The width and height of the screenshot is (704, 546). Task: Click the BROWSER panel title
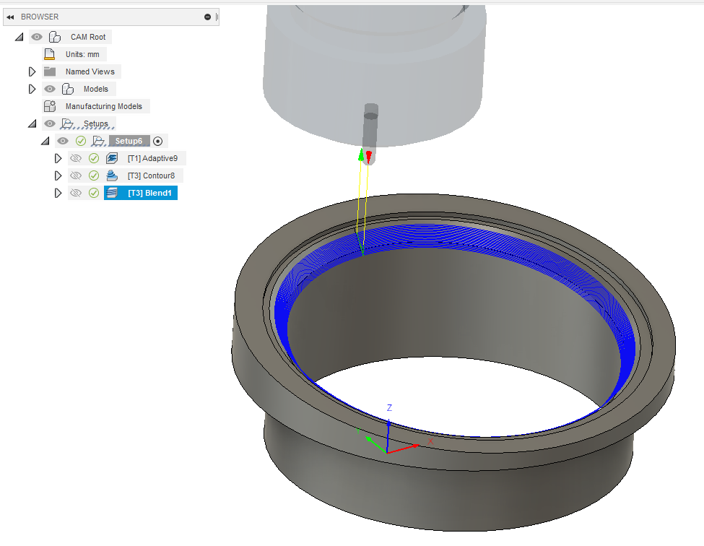point(40,17)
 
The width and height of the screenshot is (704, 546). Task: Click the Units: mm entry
point(82,54)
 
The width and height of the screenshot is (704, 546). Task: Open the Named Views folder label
point(88,71)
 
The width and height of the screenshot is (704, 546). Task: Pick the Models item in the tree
point(95,89)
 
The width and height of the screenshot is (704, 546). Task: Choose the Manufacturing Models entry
point(103,106)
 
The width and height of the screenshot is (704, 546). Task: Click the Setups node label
point(95,123)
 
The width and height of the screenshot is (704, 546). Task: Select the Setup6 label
point(129,141)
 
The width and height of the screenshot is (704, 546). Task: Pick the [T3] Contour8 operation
point(151,175)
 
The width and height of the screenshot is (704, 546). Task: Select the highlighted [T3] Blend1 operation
point(149,193)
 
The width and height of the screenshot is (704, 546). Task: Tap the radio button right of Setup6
point(158,141)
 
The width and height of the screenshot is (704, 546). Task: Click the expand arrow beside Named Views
point(32,71)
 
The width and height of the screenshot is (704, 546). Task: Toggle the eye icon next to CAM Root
point(37,37)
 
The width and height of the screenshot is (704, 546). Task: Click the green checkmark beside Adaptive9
point(94,158)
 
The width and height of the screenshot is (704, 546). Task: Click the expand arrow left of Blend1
point(58,193)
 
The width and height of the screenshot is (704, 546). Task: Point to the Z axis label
point(389,408)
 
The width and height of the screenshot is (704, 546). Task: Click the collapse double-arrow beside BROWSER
point(10,17)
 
